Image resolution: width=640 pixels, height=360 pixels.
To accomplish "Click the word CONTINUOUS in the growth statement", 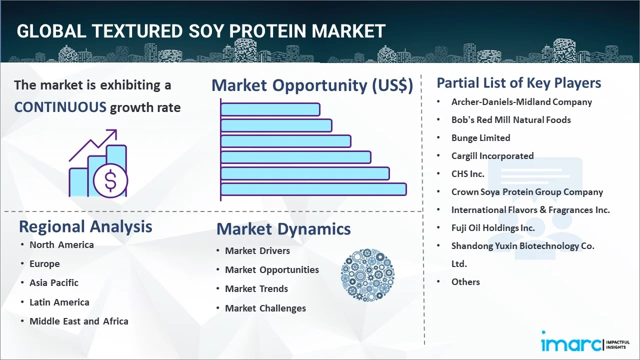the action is click(x=60, y=107).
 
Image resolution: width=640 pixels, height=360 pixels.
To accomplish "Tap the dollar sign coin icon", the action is click(x=110, y=180).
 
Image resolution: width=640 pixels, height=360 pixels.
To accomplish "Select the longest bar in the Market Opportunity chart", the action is click(x=313, y=189).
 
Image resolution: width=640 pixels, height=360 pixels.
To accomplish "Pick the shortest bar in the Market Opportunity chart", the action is click(x=270, y=109).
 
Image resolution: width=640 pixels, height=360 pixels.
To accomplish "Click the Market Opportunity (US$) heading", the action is click(x=312, y=85).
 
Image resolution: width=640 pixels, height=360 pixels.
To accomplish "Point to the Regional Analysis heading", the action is click(x=85, y=226).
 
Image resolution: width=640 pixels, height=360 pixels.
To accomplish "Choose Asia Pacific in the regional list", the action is click(x=54, y=282).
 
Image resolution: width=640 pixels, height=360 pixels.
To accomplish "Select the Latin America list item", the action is click(x=59, y=302).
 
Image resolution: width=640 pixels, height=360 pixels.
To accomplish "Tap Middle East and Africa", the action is click(x=79, y=321).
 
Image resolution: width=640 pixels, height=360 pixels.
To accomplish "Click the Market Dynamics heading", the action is click(x=283, y=229).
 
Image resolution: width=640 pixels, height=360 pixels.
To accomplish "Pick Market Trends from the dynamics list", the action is click(x=256, y=289).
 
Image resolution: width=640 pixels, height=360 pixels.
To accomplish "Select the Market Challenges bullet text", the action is click(x=265, y=308).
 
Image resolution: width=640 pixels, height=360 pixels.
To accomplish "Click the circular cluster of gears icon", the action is click(x=367, y=275).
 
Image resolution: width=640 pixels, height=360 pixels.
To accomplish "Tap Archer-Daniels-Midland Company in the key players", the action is click(x=521, y=102).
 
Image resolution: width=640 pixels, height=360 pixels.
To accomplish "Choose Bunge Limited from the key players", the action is click(x=480, y=138).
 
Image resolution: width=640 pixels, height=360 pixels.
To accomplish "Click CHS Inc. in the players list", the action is click(x=467, y=173).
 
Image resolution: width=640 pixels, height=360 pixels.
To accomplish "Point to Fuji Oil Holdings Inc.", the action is click(x=493, y=227).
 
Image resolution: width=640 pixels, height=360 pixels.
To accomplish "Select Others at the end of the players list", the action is click(x=465, y=282).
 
